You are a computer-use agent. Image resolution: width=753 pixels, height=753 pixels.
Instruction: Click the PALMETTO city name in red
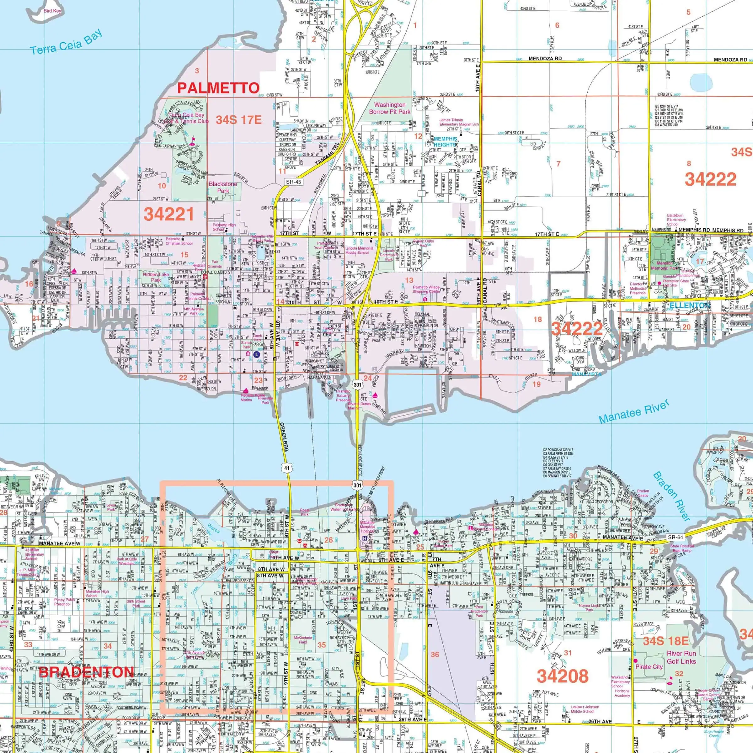point(218,88)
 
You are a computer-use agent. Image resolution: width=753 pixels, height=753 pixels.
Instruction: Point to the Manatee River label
point(634,411)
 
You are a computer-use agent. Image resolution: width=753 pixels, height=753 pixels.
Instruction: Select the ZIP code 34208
point(562,676)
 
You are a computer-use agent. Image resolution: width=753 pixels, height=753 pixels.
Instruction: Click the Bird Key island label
point(52,11)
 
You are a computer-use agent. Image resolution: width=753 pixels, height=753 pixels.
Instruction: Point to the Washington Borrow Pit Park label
point(390,108)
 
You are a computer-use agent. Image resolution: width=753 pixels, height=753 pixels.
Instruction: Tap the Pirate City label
point(649,666)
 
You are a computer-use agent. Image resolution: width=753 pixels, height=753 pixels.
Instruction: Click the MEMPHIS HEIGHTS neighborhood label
point(445,141)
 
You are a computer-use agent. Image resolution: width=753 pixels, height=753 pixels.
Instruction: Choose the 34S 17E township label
point(239,120)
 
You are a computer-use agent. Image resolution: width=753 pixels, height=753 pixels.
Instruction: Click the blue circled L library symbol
point(256,355)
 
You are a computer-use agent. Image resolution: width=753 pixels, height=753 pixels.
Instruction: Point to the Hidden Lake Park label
point(156,277)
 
